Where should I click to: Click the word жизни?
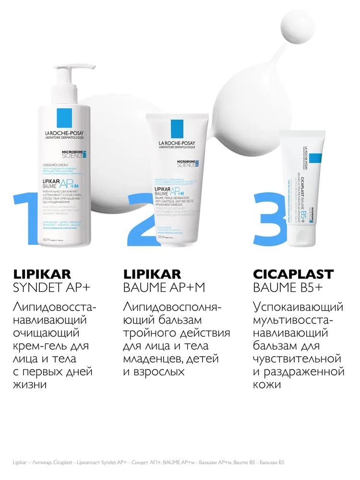[x=27, y=384]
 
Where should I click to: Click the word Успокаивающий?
[x=298, y=306]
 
